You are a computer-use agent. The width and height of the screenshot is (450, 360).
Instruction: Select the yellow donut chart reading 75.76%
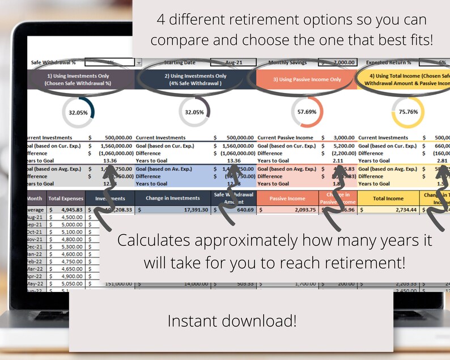coord(410,112)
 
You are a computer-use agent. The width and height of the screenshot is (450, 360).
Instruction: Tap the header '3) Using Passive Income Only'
coord(307,79)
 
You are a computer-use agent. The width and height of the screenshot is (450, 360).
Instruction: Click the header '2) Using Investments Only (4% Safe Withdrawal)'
coord(195,79)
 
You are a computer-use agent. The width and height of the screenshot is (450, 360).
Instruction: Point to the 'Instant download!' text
coord(231,321)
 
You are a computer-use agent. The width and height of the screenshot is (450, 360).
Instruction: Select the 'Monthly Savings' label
coord(290,62)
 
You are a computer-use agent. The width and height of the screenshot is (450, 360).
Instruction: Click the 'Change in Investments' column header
coord(172,198)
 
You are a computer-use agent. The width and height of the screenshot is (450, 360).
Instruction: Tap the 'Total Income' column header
coord(388,198)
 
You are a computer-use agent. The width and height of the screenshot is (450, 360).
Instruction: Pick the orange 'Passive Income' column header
coord(287,198)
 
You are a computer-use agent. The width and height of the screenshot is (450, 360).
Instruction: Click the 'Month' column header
coord(35,198)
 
